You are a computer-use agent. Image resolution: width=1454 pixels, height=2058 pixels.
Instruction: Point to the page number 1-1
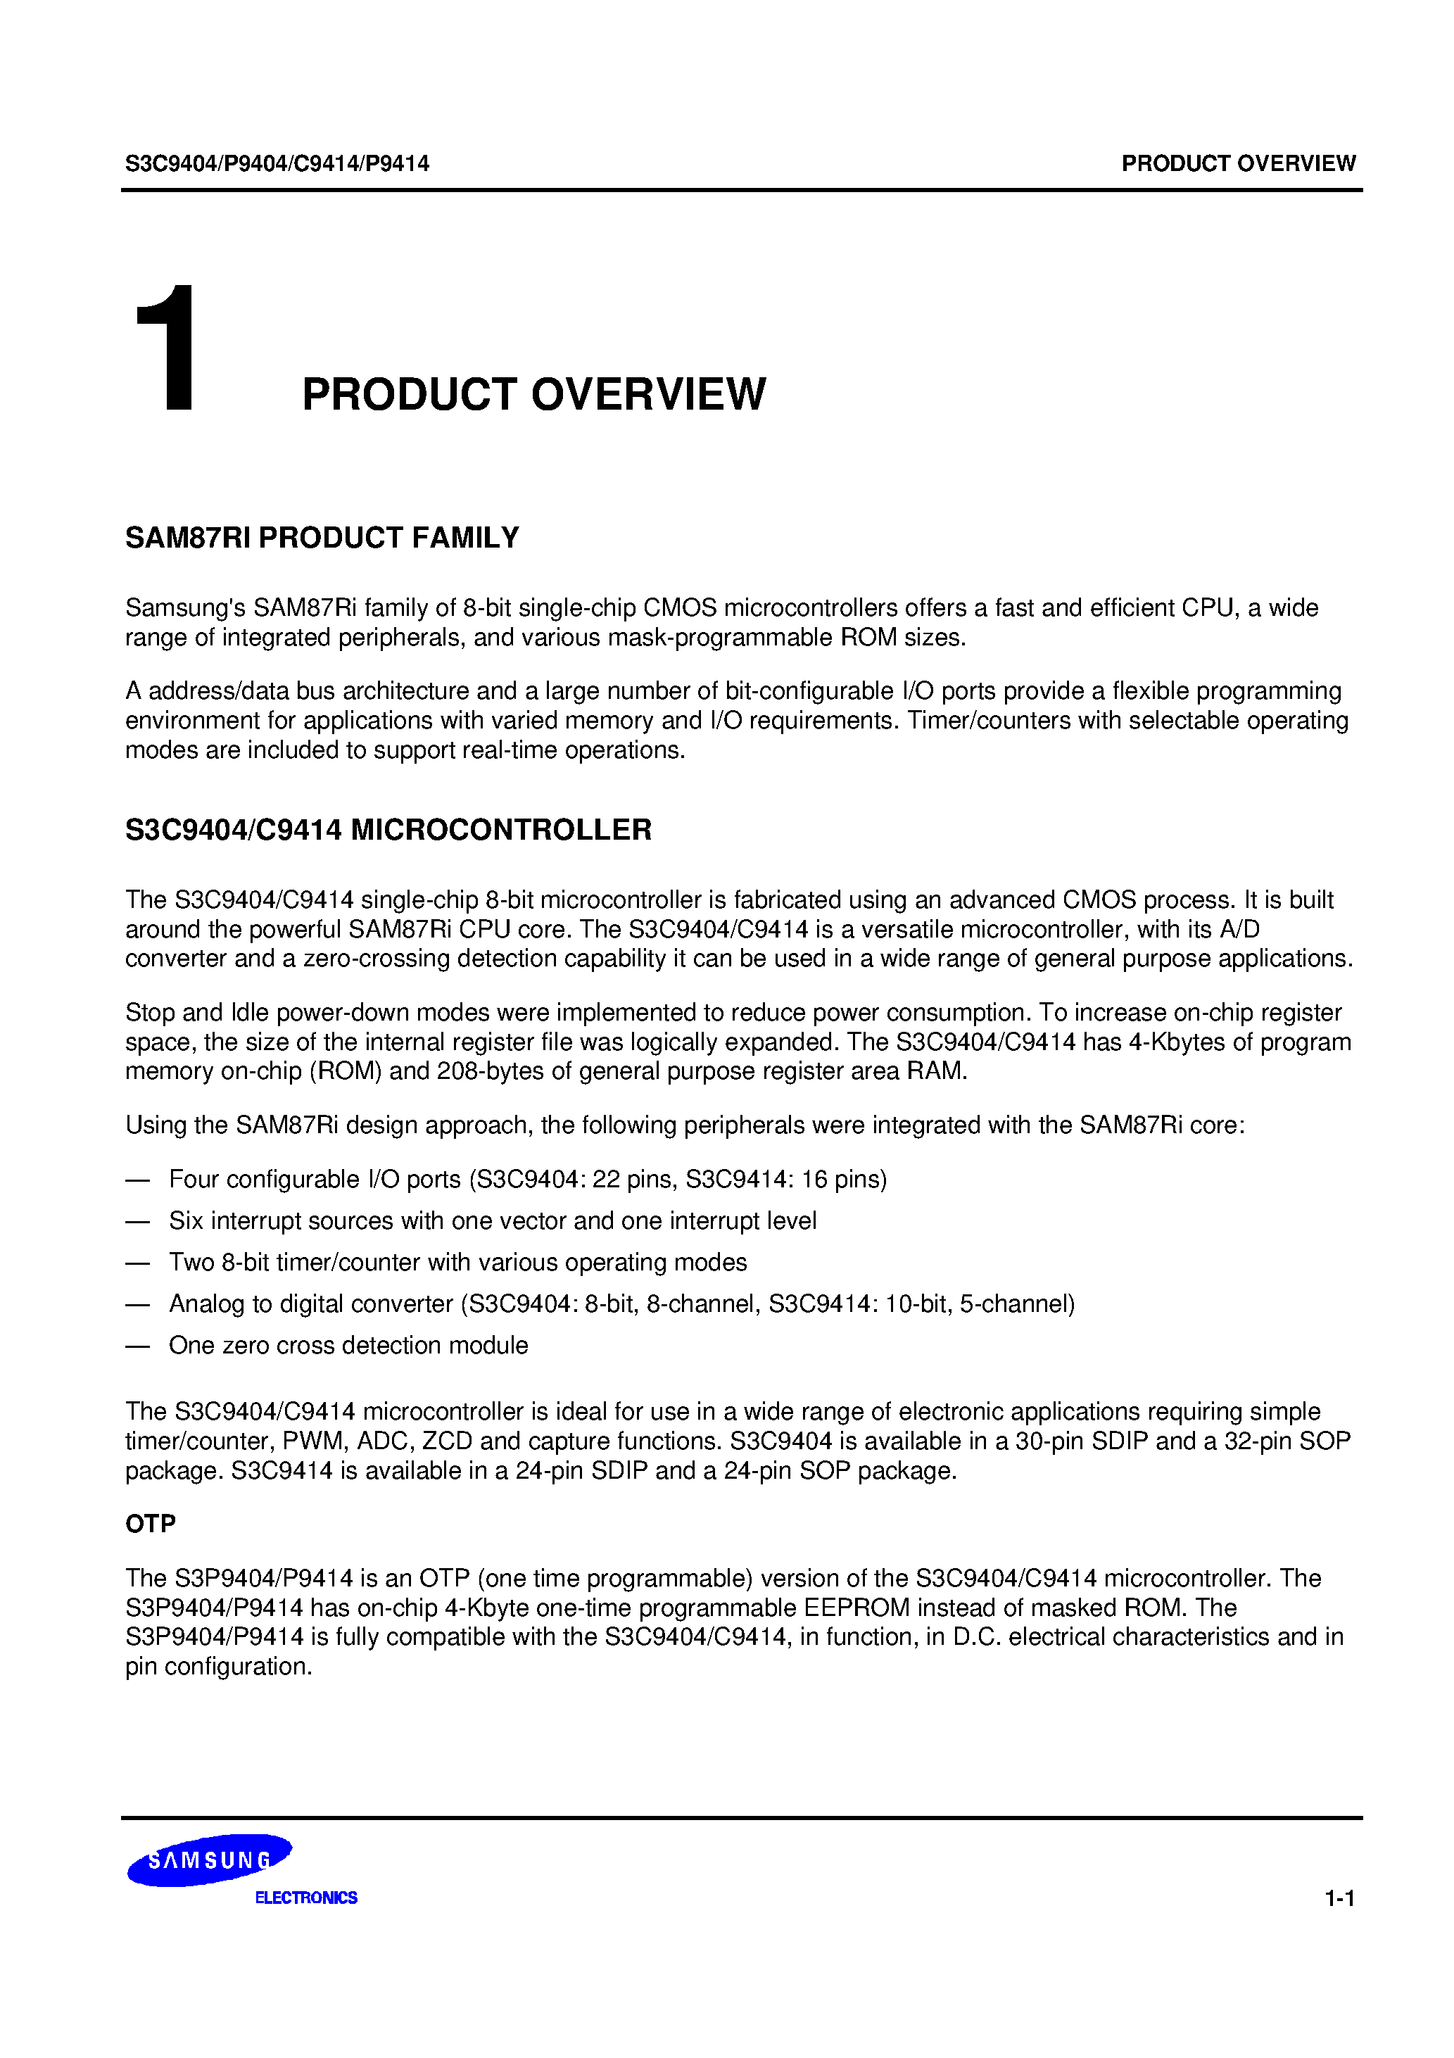coord(1339,1898)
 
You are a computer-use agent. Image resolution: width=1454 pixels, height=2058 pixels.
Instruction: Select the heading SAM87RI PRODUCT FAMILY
coord(322,538)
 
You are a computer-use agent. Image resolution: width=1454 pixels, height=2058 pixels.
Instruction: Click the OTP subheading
coord(151,1524)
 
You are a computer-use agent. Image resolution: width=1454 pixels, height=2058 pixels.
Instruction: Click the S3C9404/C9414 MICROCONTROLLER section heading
coord(388,830)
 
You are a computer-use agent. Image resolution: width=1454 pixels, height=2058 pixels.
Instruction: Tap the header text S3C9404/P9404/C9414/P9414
coord(277,164)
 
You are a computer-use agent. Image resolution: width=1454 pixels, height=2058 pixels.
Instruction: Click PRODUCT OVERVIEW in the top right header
coord(1238,164)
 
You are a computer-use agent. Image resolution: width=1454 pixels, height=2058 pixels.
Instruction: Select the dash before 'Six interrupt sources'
coord(137,1222)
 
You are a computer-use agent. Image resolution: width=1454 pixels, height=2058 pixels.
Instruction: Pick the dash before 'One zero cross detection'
coord(137,1346)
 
